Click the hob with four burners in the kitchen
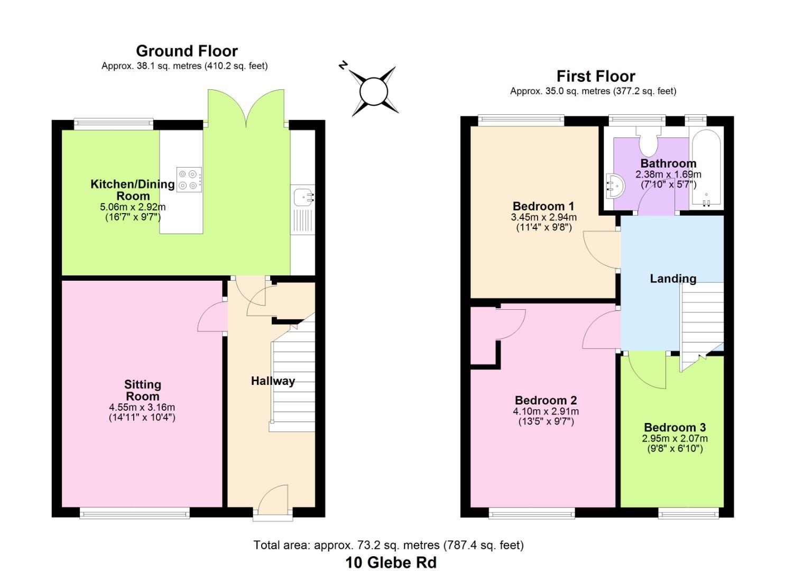point(189,179)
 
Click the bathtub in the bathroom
point(706,168)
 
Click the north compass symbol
point(374,91)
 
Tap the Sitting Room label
point(142,390)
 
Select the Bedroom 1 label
point(543,206)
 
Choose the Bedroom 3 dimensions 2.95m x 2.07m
point(675,438)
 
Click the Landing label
point(672,279)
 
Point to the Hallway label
point(273,381)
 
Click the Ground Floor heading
point(187,51)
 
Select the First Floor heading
point(596,76)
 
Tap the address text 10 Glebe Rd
point(391,562)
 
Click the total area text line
point(389,545)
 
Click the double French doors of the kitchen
point(246,108)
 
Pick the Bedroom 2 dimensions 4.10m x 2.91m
point(546,411)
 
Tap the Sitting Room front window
point(134,512)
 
